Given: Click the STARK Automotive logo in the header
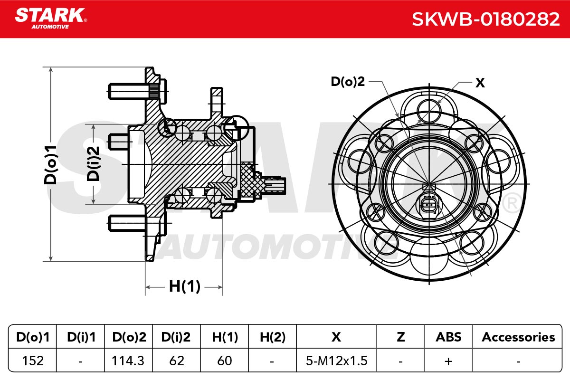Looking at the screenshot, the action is pyautogui.click(x=51, y=19).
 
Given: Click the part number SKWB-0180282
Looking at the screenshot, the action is pyautogui.click(x=485, y=19).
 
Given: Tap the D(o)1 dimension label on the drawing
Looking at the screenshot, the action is pyautogui.click(x=50, y=165).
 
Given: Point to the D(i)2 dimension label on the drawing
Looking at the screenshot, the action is pyautogui.click(x=93, y=164).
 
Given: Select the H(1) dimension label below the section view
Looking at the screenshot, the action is pyautogui.click(x=185, y=286).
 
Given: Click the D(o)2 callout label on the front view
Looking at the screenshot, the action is pyautogui.click(x=348, y=82).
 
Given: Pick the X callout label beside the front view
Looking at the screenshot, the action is pyautogui.click(x=480, y=83).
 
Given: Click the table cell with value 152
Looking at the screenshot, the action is pyautogui.click(x=33, y=361).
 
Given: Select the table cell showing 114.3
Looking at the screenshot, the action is pyautogui.click(x=128, y=361).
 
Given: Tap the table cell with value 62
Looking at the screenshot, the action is pyautogui.click(x=176, y=361).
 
